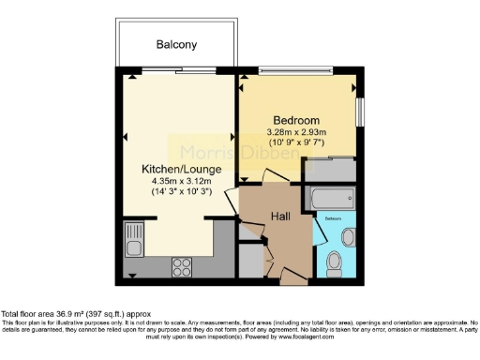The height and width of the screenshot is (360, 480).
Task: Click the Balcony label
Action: (175, 44)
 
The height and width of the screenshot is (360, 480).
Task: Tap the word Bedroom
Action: (296, 120)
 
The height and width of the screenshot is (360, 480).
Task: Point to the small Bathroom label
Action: (334, 217)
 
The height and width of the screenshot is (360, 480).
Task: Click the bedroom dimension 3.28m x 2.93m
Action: (296, 133)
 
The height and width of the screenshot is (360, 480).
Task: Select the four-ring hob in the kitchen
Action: (182, 267)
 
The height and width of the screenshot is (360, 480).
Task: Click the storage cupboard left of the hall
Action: (250, 259)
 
